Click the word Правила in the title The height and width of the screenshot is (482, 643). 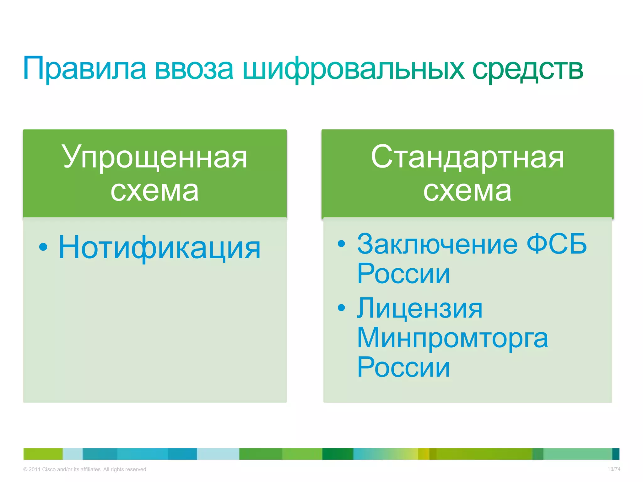point(85,68)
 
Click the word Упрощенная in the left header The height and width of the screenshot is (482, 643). point(155,157)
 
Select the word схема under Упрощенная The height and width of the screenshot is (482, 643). point(155,190)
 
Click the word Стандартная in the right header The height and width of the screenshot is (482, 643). point(467,157)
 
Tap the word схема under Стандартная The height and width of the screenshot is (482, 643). point(467,190)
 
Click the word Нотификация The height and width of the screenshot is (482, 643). point(159,248)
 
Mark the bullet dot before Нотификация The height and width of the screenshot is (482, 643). point(43,247)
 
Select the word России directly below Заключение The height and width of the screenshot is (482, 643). point(403,274)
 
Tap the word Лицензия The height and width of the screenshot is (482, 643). point(419,308)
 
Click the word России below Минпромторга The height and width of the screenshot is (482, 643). point(403,367)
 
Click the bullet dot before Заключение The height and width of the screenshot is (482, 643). point(341,243)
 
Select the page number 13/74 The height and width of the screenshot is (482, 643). point(613,469)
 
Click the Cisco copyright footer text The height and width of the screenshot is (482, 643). point(85,469)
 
